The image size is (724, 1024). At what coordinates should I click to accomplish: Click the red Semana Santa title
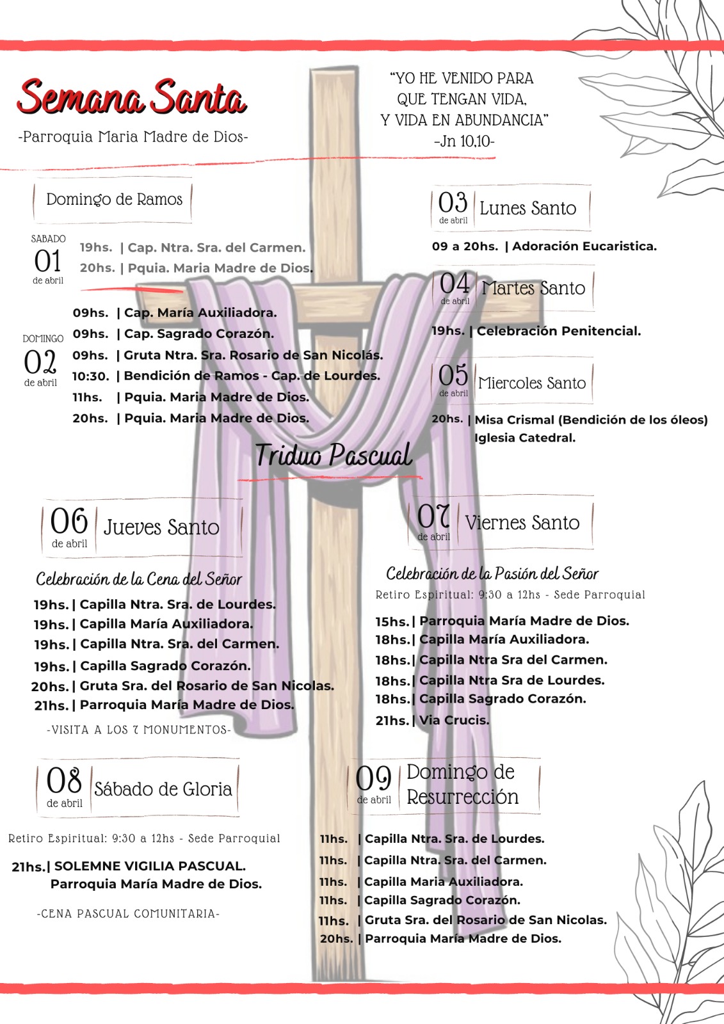click(x=132, y=98)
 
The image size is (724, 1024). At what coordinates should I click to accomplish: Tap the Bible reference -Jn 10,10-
click(x=464, y=141)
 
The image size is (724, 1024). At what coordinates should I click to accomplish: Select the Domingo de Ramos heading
click(x=114, y=200)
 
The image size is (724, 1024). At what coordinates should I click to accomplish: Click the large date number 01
click(x=48, y=261)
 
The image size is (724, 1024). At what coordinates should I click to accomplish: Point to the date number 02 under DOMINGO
click(x=40, y=362)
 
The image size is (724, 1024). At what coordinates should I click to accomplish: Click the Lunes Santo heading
click(x=527, y=208)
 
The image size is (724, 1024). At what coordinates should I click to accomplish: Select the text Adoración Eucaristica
click(x=584, y=246)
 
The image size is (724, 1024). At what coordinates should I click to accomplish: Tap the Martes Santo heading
click(x=533, y=288)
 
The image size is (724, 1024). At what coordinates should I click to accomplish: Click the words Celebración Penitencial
click(x=558, y=331)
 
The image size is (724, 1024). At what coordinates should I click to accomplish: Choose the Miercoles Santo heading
click(x=532, y=383)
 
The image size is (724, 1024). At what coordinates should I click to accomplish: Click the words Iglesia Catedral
click(x=525, y=438)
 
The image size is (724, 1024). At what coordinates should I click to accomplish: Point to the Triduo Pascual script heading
click(x=334, y=456)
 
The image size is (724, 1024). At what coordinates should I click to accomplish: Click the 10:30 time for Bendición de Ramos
click(x=90, y=376)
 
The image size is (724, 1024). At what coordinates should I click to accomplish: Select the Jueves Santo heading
click(x=161, y=527)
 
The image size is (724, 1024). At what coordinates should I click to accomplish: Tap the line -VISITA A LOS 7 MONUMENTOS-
click(x=139, y=730)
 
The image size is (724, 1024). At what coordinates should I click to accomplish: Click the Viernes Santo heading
click(x=522, y=523)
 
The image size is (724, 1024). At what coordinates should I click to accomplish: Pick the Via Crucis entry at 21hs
click(x=454, y=720)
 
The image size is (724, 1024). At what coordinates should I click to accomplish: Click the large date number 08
click(x=64, y=781)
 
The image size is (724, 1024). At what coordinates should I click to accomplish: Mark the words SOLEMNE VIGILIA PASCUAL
click(x=150, y=867)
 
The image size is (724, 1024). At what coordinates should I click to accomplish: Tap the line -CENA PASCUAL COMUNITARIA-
click(x=128, y=914)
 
